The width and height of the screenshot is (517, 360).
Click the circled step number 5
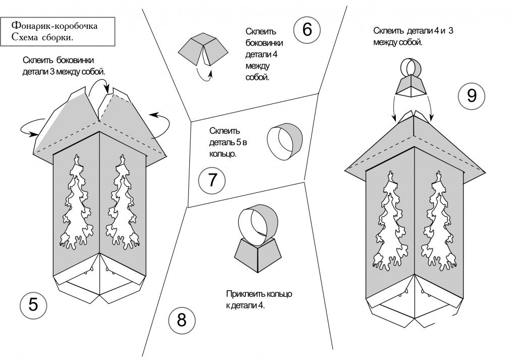(x=33, y=305)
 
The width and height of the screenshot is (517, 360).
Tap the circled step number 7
(x=212, y=180)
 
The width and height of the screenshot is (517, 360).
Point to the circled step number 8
(x=181, y=320)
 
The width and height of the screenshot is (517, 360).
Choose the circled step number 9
(x=472, y=95)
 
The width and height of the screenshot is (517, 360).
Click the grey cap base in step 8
(x=257, y=253)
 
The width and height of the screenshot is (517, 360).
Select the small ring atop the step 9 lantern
(x=411, y=67)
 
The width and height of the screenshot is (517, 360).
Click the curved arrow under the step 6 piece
(x=204, y=74)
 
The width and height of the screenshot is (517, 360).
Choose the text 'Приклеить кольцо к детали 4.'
(x=260, y=299)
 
